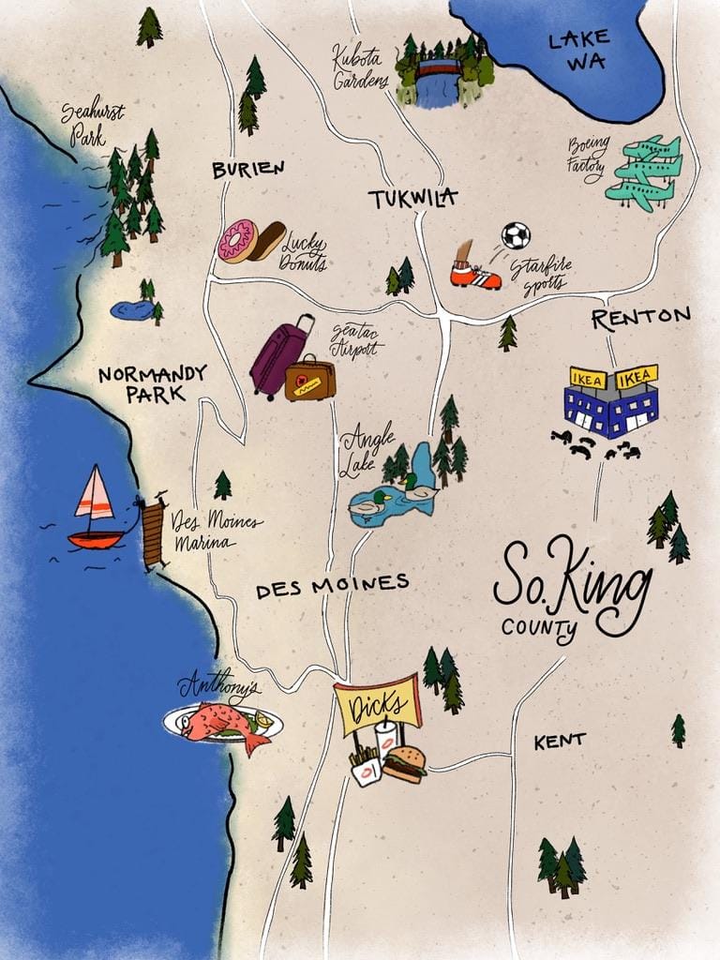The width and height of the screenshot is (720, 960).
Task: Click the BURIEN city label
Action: tap(247, 170)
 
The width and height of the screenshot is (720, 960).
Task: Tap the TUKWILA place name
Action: tap(412, 199)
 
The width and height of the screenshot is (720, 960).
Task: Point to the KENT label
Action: tap(560, 742)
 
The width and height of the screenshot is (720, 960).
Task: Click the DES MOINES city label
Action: tap(332, 585)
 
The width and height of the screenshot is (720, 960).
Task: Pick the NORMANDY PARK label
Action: tap(152, 383)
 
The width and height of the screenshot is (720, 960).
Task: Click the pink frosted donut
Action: tap(236, 241)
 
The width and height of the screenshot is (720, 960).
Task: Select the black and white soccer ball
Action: tap(515, 235)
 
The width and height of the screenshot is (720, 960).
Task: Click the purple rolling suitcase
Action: tap(278, 357)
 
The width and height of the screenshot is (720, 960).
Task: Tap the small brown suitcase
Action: tap(310, 378)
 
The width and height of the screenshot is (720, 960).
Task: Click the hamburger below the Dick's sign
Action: tap(405, 764)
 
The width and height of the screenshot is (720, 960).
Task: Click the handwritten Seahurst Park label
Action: tap(93, 123)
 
